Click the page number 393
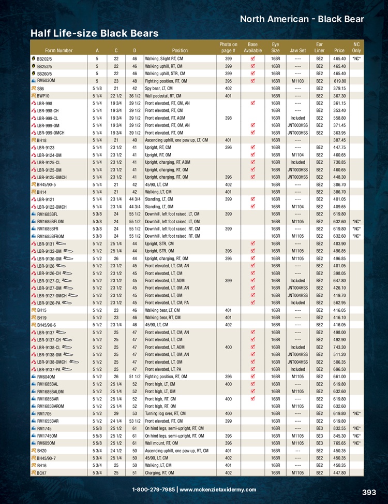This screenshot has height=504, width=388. pos(369,493)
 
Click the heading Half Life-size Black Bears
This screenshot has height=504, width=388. pos(94,33)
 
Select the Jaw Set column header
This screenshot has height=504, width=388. pos(298,51)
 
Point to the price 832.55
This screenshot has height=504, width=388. pos(339,428)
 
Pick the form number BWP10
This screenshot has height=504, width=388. pos(43,96)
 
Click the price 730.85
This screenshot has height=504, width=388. pos(339,162)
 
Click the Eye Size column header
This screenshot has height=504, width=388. pos(275,48)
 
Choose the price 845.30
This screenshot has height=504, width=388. pos(339,436)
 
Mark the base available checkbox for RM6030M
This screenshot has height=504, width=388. pos(252,81)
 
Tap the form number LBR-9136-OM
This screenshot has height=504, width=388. pos(49,258)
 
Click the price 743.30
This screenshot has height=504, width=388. pos(339,347)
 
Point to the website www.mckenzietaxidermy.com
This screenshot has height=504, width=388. pos(218,489)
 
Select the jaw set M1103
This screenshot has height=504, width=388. pos(297,81)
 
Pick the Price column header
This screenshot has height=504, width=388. pos(339,51)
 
